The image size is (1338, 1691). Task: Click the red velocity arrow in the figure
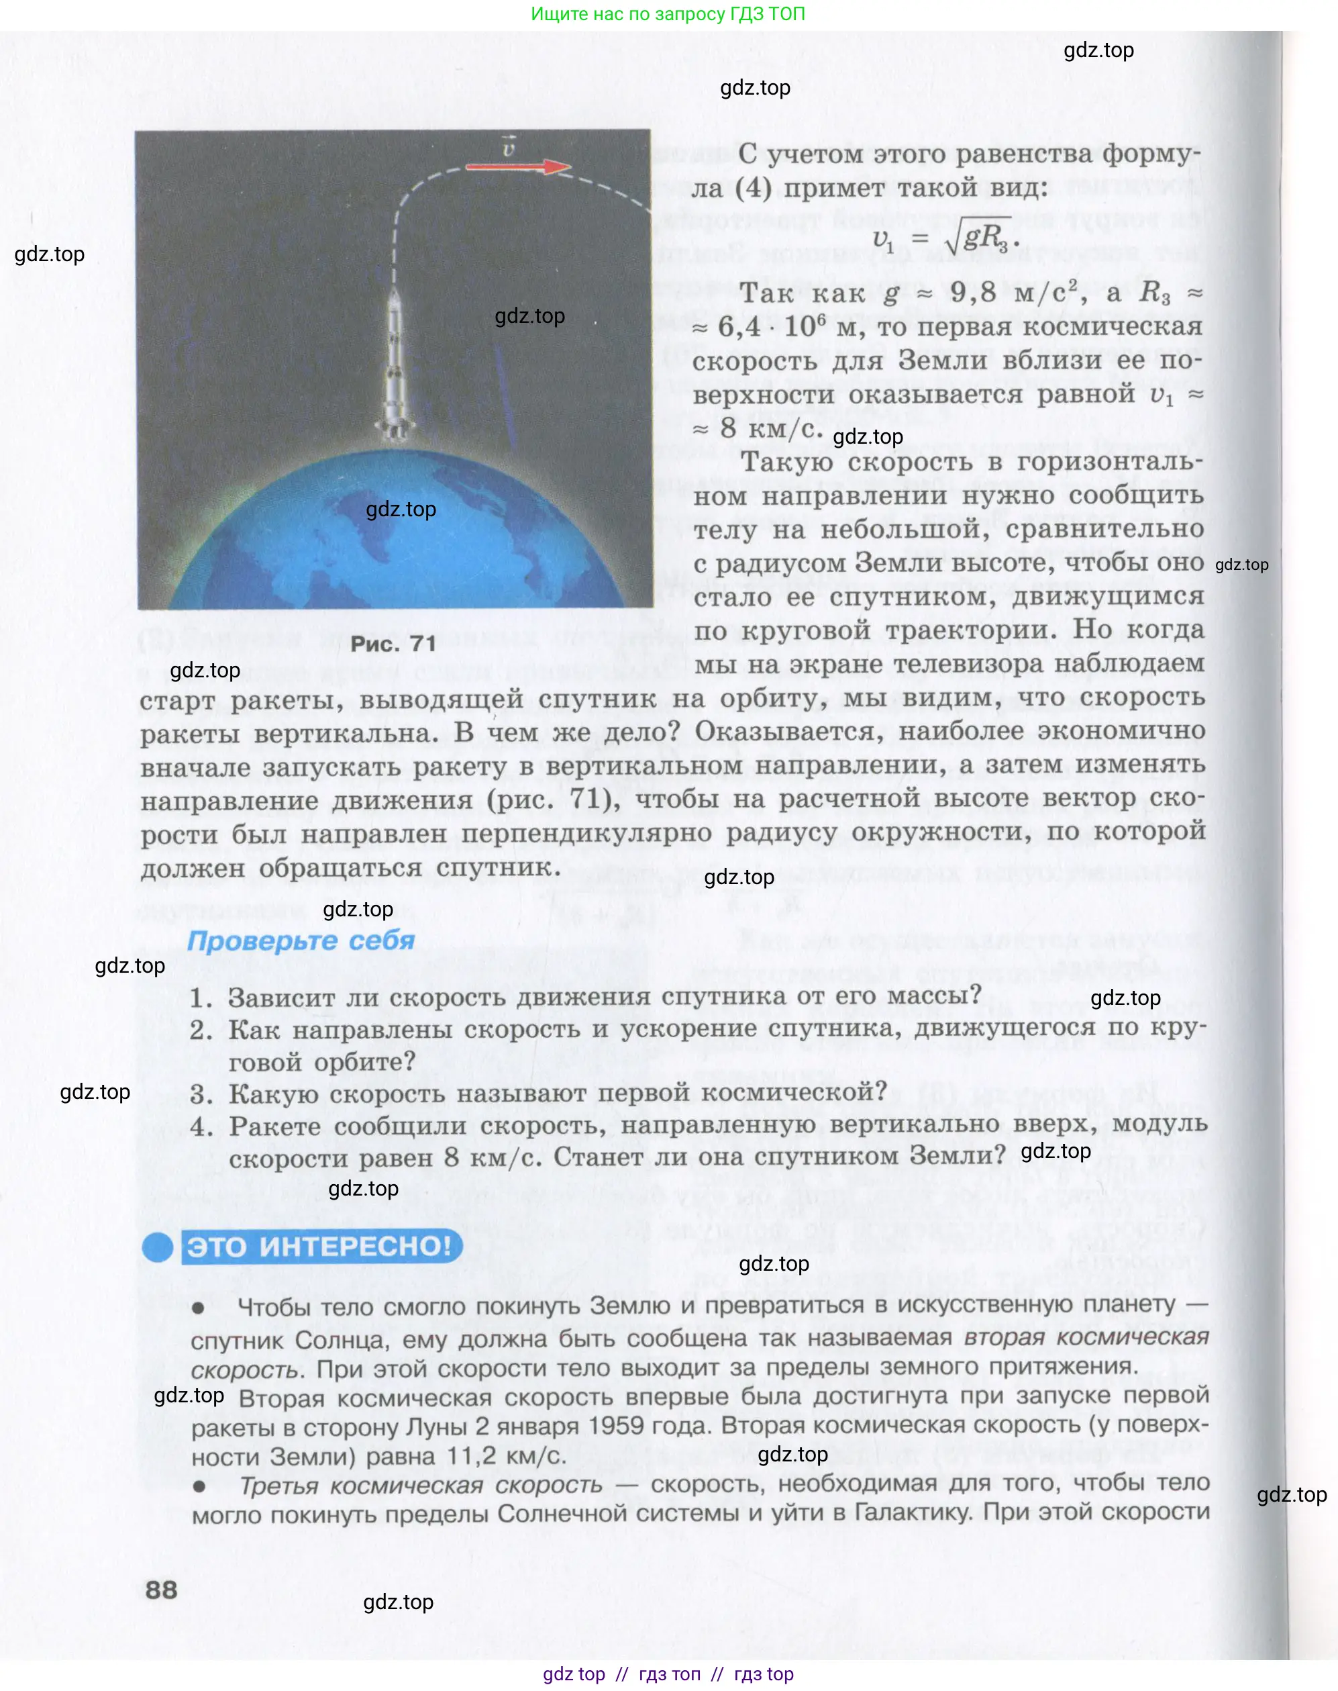click(517, 166)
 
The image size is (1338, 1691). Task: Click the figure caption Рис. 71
click(393, 644)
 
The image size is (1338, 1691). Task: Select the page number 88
click(161, 1590)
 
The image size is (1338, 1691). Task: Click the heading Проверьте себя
click(301, 940)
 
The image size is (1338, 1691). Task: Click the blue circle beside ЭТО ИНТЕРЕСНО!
click(158, 1247)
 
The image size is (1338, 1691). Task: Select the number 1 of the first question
click(200, 998)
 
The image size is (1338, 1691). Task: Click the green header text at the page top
click(668, 13)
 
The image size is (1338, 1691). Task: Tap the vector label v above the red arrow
click(509, 146)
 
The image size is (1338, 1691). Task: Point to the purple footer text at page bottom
click(668, 1674)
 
